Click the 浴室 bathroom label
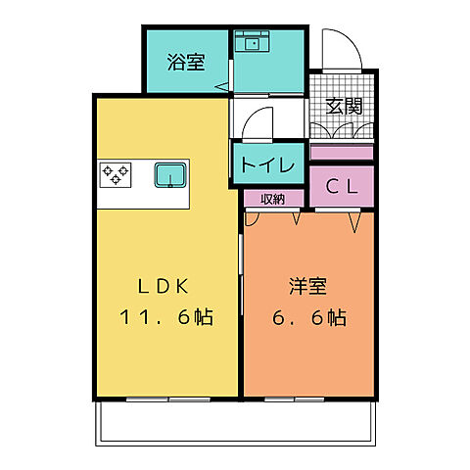(186, 63)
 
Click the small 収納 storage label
(273, 199)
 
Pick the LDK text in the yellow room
(166, 287)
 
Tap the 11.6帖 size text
(166, 318)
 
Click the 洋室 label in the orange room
(307, 287)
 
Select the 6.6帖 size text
(307, 318)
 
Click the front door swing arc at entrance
(337, 49)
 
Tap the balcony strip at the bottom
(235, 421)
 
